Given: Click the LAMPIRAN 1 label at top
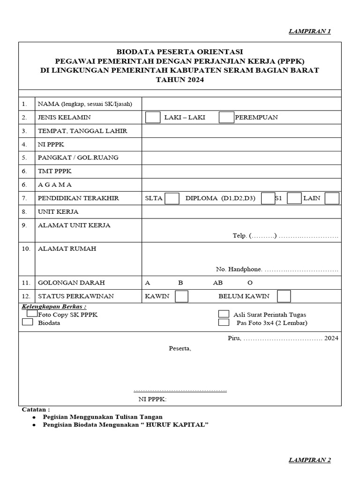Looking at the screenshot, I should coord(309,31).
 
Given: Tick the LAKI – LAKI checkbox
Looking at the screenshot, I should coord(153,117).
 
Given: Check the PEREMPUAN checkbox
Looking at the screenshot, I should coord(226,117).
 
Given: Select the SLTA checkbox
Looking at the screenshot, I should coord(172,198).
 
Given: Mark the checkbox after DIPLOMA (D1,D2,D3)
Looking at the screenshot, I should coord(268,198).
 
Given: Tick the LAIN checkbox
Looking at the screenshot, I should coord(332,198).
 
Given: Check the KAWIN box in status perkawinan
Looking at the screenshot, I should coord(181,296).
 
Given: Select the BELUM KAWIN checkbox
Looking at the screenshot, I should coord(284,296).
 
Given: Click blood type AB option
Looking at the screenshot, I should coord(218,283).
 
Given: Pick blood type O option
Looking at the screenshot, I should coord(250,283).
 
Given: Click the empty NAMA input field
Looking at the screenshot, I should coord(241,104).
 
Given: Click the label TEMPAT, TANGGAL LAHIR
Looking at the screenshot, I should coord(82,131).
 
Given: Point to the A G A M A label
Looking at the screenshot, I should coord(55,185).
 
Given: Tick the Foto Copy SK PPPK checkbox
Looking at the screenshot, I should coord(32,313).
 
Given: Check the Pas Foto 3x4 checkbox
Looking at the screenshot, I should coord(224,322).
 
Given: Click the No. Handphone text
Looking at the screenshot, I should coord(239,270).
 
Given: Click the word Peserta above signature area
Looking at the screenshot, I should coord(180,348).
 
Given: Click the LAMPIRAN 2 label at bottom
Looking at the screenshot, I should coord(309,460).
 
